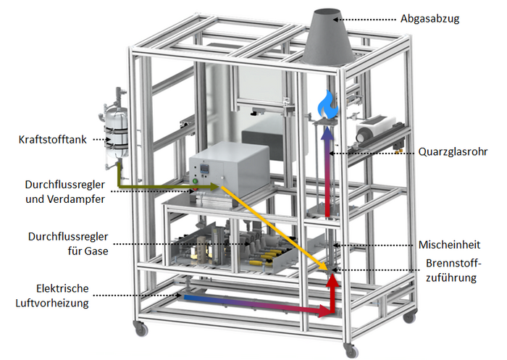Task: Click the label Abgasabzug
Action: pos(430,19)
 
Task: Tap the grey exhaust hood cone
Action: pos(328,37)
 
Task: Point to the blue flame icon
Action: pos(328,104)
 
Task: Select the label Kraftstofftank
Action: pos(52,140)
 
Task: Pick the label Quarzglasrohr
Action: pos(453,151)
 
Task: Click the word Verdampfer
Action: pos(76,199)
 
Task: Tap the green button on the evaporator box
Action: pos(195,181)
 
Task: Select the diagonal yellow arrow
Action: pos(275,228)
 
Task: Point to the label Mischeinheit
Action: pos(450,245)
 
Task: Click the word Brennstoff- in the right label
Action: pos(453,263)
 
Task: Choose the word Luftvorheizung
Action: pos(52,303)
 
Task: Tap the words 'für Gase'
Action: pos(88,251)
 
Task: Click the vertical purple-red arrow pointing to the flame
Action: pos(328,172)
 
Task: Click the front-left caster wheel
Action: pos(141,329)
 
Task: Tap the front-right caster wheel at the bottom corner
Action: pos(351,351)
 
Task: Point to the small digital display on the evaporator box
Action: pos(205,167)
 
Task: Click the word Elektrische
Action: pos(62,288)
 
